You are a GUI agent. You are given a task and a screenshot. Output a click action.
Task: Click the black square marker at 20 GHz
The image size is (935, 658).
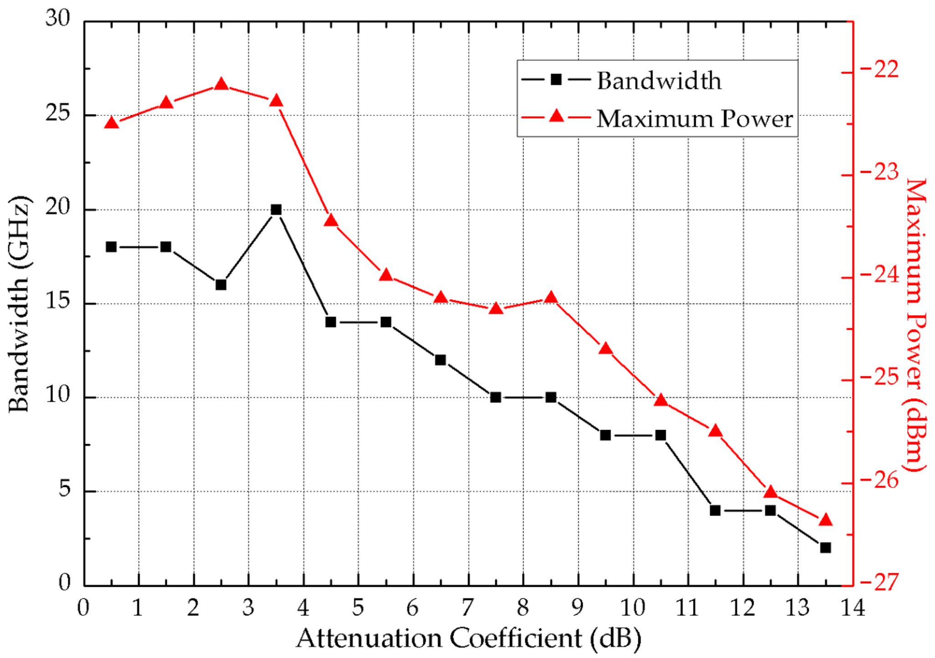click(276, 209)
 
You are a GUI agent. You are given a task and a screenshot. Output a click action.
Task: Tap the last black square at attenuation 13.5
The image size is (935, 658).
click(825, 548)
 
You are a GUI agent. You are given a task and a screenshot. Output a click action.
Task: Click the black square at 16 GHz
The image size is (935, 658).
click(221, 285)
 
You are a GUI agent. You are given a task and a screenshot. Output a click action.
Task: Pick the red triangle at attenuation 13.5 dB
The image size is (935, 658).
click(825, 520)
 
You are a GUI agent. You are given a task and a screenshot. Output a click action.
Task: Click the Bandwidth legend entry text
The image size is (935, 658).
click(659, 81)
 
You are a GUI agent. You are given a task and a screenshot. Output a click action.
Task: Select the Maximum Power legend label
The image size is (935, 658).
click(694, 119)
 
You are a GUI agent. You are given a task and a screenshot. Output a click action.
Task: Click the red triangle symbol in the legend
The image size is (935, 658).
click(556, 117)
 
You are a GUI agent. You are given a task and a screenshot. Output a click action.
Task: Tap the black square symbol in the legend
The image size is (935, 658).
click(556, 79)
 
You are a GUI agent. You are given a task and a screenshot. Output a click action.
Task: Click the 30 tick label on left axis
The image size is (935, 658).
click(58, 19)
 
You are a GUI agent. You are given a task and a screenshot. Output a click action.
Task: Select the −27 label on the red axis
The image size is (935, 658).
click(879, 583)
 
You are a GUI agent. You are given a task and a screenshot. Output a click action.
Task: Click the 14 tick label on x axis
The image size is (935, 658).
click(853, 608)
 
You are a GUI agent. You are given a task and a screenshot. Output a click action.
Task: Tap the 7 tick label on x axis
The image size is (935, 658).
click(468, 608)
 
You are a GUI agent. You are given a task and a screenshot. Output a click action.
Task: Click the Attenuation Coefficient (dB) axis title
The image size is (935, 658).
click(468, 638)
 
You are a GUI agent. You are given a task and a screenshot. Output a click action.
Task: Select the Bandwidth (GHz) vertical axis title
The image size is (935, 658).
click(19, 304)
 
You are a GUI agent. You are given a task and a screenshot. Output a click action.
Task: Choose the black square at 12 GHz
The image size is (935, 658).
click(440, 360)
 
